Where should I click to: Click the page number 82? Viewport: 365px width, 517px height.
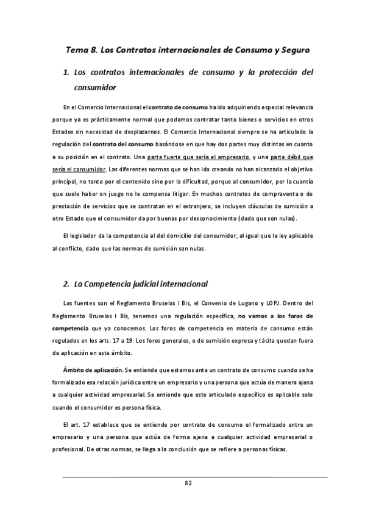click(188, 483)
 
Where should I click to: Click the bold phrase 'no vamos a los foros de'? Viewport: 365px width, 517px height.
click(276, 314)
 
